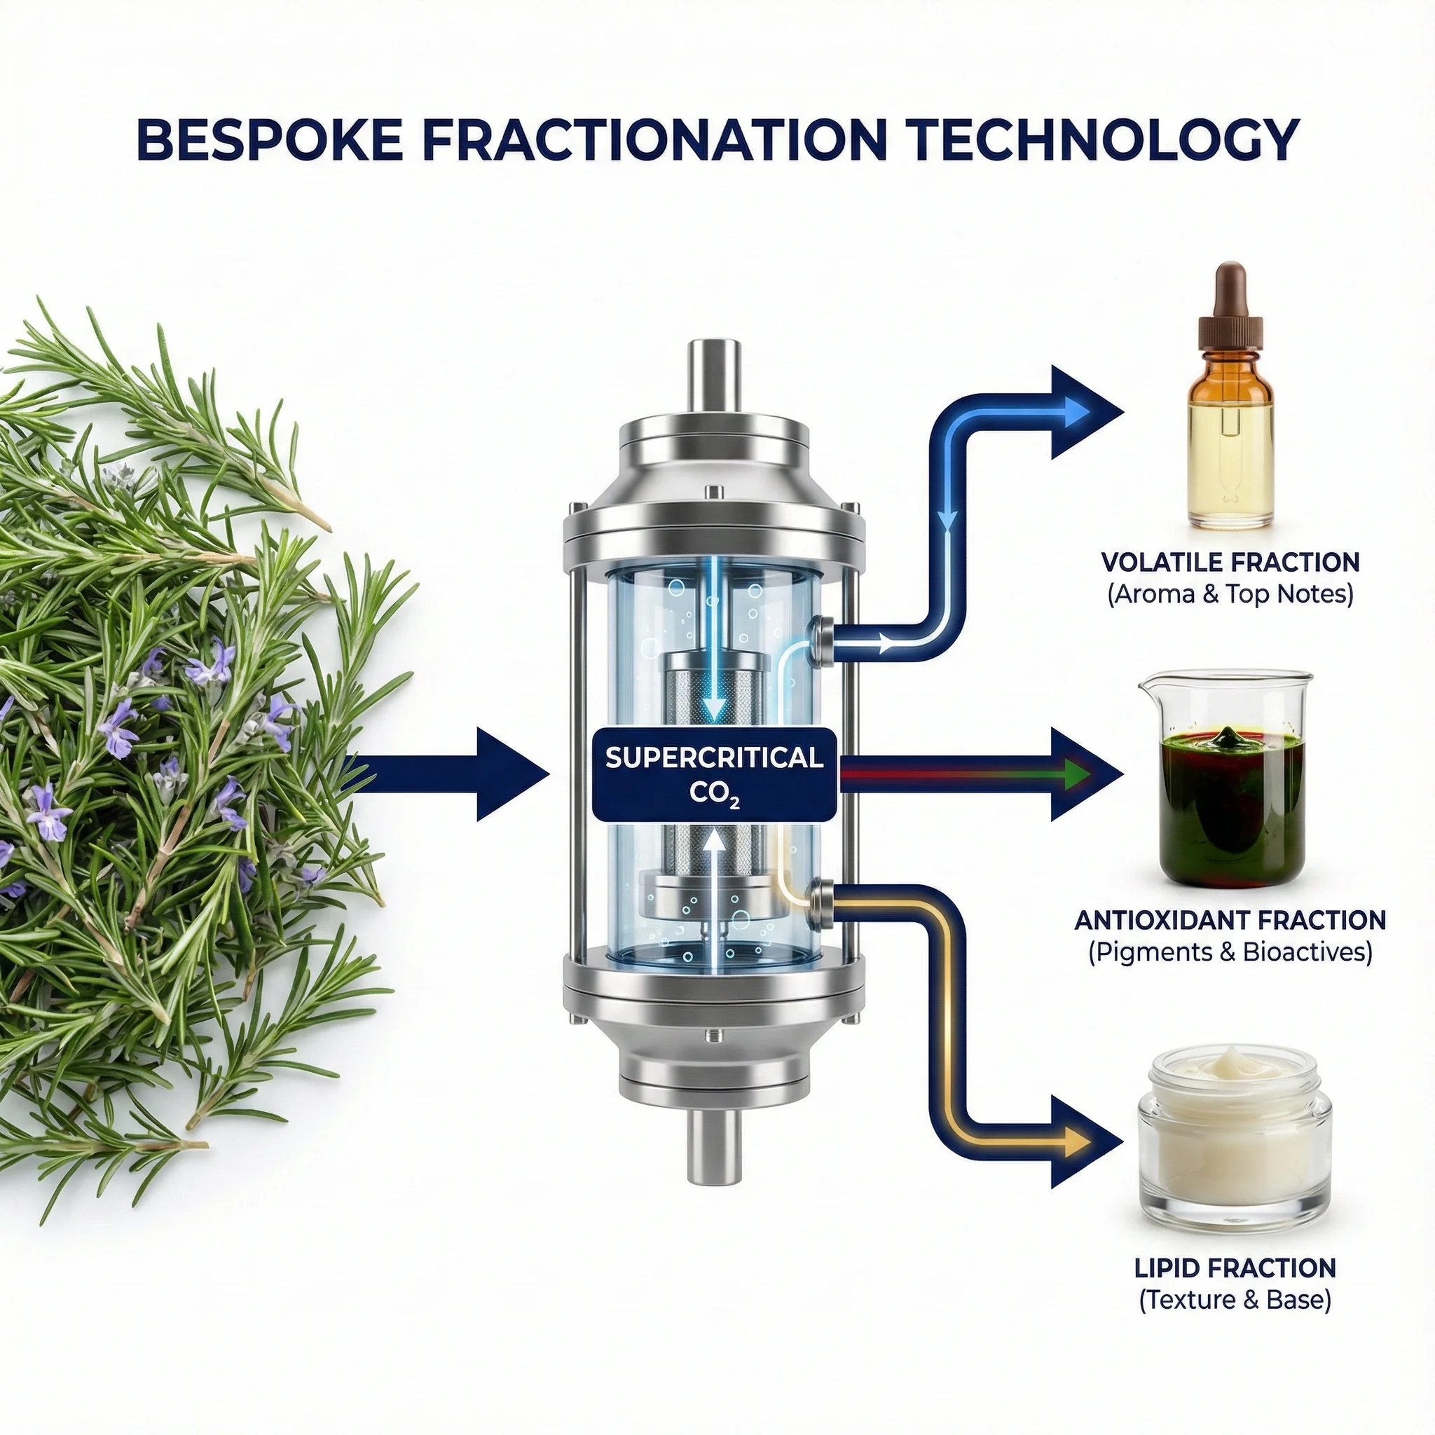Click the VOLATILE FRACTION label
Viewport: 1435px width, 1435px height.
1230,562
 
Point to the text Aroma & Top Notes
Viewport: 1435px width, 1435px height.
1230,594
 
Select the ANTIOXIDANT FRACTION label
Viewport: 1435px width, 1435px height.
1230,920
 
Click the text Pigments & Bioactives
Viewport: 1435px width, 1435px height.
1230,952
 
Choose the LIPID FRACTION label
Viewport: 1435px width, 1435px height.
1235,1268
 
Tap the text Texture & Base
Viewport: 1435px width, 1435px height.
1235,1300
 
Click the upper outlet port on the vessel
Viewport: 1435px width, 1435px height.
823,638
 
